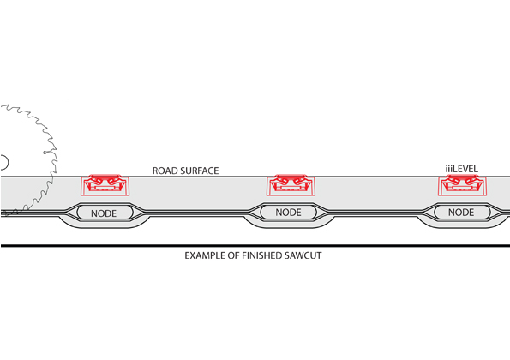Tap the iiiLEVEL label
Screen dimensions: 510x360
[461, 169]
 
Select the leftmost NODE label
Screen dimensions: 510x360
[104, 213]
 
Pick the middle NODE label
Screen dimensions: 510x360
[288, 213]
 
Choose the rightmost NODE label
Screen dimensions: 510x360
[461, 213]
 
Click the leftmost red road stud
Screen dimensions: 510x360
[105, 185]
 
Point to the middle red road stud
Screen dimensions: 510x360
[291, 185]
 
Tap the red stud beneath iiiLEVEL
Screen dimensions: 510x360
[462, 185]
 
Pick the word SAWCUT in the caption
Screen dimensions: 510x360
[303, 255]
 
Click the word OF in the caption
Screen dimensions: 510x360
[233, 255]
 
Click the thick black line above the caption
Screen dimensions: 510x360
[255, 246]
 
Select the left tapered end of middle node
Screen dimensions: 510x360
[255, 213]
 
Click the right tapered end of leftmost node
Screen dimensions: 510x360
[139, 213]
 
